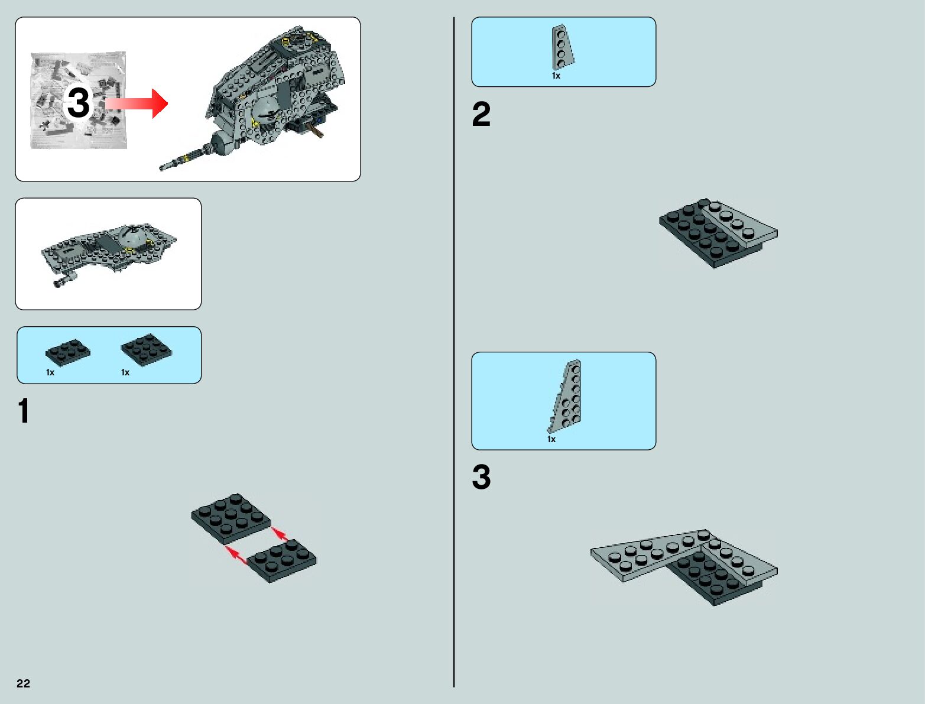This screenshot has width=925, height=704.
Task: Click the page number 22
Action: tap(23, 683)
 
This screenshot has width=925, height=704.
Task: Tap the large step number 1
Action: tap(24, 411)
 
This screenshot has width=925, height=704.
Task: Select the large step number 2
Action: tap(481, 115)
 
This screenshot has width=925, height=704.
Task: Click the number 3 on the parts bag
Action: tap(78, 103)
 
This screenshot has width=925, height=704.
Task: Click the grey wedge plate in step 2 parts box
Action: tap(562, 47)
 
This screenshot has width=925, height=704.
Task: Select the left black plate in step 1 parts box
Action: tap(67, 352)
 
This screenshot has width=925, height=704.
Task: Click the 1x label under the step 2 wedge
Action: tap(556, 76)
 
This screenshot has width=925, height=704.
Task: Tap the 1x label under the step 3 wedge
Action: tap(551, 439)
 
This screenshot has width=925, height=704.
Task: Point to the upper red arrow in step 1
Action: tap(280, 534)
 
